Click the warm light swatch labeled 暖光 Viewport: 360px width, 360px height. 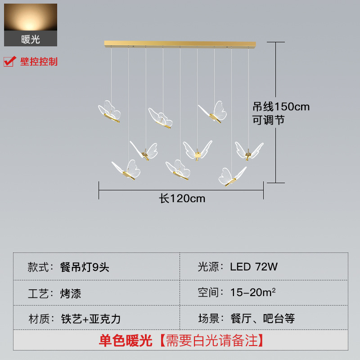pyautogui.click(x=31, y=25)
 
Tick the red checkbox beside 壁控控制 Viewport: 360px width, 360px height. pyautogui.click(x=9, y=62)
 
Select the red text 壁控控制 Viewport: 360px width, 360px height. pyautogui.click(x=39, y=62)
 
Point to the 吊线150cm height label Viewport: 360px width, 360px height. pyautogui.click(x=281, y=107)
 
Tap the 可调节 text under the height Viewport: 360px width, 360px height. pyautogui.click(x=268, y=120)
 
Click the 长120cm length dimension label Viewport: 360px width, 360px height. pyautogui.click(x=182, y=198)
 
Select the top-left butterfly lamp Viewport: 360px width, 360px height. pyautogui.click(x=109, y=111)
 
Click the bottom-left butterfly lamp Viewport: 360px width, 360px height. pyautogui.click(x=126, y=169)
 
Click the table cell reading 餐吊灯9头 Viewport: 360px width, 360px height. pyautogui.click(x=85, y=267)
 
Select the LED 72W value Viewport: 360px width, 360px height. pyautogui.click(x=254, y=267)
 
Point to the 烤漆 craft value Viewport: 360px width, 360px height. pyautogui.click(x=71, y=293)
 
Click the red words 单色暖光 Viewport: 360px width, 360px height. pyautogui.click(x=126, y=341)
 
